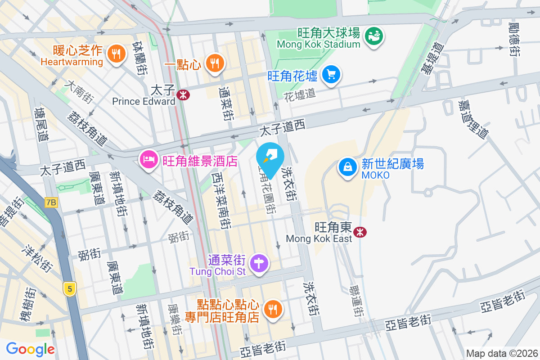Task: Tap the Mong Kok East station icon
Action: pyautogui.click(x=360, y=232)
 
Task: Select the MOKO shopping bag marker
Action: pyautogui.click(x=348, y=167)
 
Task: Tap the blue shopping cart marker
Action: pyautogui.click(x=332, y=74)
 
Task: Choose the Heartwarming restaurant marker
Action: pyautogui.click(x=117, y=54)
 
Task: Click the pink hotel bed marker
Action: pyautogui.click(x=148, y=159)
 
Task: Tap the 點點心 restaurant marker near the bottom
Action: pyautogui.click(x=272, y=309)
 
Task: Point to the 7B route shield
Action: pyautogui.click(x=51, y=202)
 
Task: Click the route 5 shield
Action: pyautogui.click(x=69, y=289)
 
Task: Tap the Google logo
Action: pyautogui.click(x=30, y=349)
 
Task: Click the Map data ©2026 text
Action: pyautogui.click(x=502, y=353)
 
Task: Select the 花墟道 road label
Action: pyautogui.click(x=300, y=94)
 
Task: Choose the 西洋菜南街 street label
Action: pyautogui.click(x=222, y=198)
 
